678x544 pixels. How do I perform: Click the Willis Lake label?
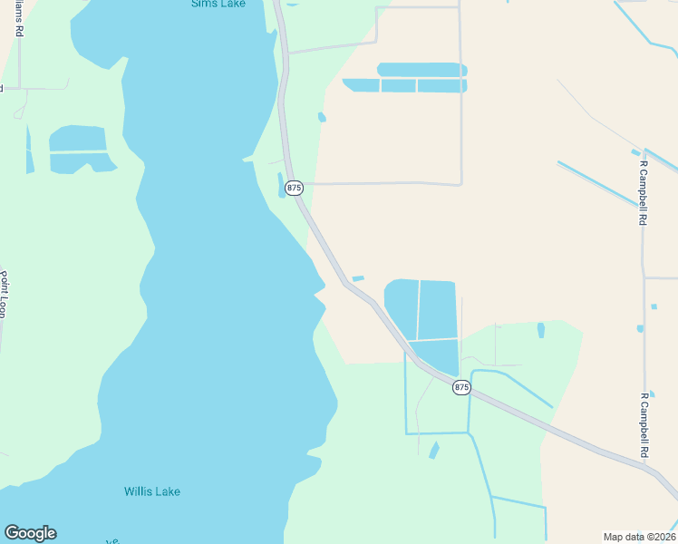152,491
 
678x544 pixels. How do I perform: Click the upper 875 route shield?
294,188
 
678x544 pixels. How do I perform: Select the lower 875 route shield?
461,387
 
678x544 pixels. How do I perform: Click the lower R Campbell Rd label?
644,425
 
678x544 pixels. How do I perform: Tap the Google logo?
30,533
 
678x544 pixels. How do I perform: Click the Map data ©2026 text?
638,537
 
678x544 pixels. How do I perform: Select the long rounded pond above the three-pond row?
421,70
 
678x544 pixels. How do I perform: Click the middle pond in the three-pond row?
398,86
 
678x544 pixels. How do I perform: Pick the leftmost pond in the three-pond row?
362,85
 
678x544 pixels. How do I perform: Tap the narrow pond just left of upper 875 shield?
280,185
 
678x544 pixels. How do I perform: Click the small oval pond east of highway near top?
322,117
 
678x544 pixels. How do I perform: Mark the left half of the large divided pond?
402,308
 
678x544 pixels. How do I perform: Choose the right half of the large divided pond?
437,309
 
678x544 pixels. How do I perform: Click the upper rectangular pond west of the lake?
77,139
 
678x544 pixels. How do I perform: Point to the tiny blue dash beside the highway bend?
358,278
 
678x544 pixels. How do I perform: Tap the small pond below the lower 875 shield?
434,450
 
